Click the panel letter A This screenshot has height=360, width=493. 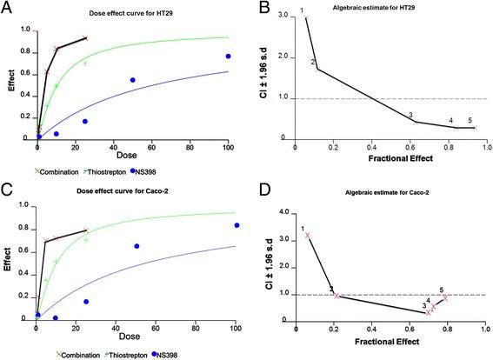click(x=9, y=9)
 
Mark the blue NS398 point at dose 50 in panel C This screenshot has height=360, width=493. click(x=137, y=246)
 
